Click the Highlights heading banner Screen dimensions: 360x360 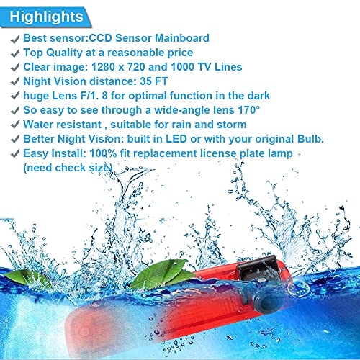pyautogui.click(x=45, y=17)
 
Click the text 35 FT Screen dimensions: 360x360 pyautogui.click(x=153, y=81)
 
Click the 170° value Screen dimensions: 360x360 pyautogui.click(x=249, y=110)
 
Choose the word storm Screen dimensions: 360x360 pyautogui.click(x=232, y=125)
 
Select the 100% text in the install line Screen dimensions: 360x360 pyautogui.click(x=103, y=153)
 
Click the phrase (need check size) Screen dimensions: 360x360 pyautogui.click(x=68, y=168)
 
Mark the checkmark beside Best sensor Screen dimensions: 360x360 pyautogui.click(x=15, y=39)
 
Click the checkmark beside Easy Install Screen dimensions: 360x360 pyautogui.click(x=15, y=153)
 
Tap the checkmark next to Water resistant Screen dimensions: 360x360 pyautogui.click(x=15, y=125)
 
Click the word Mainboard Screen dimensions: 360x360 pyautogui.click(x=182, y=38)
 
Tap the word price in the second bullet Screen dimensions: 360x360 pyautogui.click(x=180, y=53)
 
